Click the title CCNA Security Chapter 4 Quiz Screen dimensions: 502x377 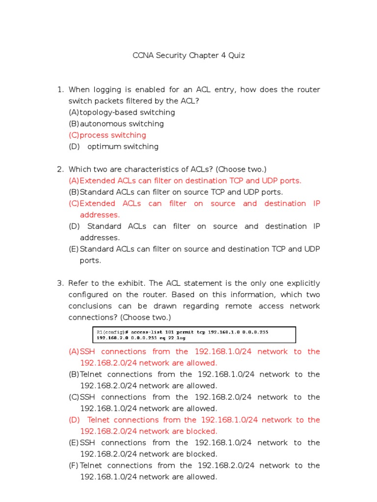[188, 55]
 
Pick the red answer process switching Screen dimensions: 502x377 [113, 135]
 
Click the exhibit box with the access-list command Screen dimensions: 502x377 [194, 335]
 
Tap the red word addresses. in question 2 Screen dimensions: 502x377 [100, 215]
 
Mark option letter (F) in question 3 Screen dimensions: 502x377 [74, 465]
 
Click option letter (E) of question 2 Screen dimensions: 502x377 [74, 249]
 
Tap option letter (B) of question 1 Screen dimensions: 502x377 [74, 124]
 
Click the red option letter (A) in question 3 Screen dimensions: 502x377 [74, 351]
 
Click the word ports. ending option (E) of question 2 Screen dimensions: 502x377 [90, 260]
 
